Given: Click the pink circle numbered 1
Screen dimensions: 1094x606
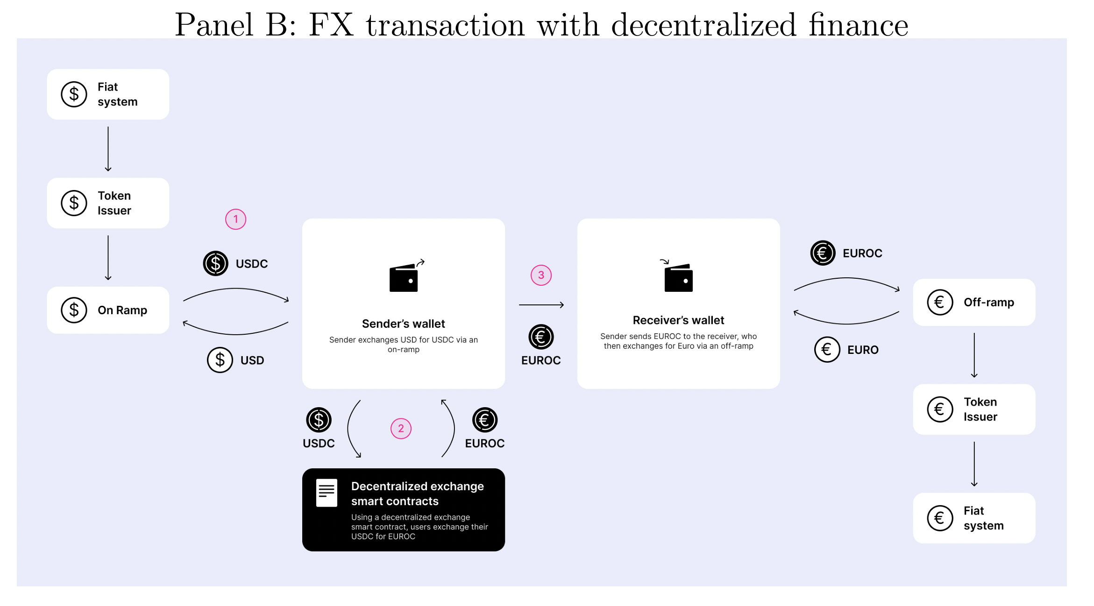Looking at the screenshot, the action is pyautogui.click(x=235, y=219).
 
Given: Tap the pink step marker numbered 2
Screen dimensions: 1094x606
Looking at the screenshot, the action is pyautogui.click(x=401, y=429).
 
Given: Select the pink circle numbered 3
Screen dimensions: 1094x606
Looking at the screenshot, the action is pyautogui.click(x=541, y=275).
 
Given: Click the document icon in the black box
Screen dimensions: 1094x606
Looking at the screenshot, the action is pyautogui.click(x=327, y=493).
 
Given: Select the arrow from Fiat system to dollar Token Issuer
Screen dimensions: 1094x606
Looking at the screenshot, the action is pyautogui.click(x=108, y=149).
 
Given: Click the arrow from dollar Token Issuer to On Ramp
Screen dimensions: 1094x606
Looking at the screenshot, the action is pyautogui.click(x=108, y=258).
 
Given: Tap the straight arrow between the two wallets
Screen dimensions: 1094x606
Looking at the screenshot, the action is pyautogui.click(x=541, y=305).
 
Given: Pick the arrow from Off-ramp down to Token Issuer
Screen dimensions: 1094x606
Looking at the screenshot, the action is pyautogui.click(x=974, y=355).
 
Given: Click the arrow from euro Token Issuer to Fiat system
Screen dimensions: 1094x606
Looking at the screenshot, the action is pyautogui.click(x=974, y=464).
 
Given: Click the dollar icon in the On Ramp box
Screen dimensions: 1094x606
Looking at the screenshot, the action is pyautogui.click(x=74, y=310).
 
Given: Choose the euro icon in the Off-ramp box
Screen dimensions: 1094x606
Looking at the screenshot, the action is pyautogui.click(x=940, y=303).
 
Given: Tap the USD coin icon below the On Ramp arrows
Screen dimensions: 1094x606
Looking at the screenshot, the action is pyautogui.click(x=220, y=360).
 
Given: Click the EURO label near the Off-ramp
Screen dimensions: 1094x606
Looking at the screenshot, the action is pyautogui.click(x=863, y=350).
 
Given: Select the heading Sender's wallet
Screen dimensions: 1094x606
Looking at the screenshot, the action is pyautogui.click(x=404, y=324).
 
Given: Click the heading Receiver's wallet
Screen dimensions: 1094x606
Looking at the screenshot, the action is pyautogui.click(x=678, y=320).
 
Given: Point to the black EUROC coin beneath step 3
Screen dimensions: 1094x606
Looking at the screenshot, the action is pyautogui.click(x=541, y=337).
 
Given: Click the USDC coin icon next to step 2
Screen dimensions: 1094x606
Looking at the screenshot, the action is pyautogui.click(x=319, y=420).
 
